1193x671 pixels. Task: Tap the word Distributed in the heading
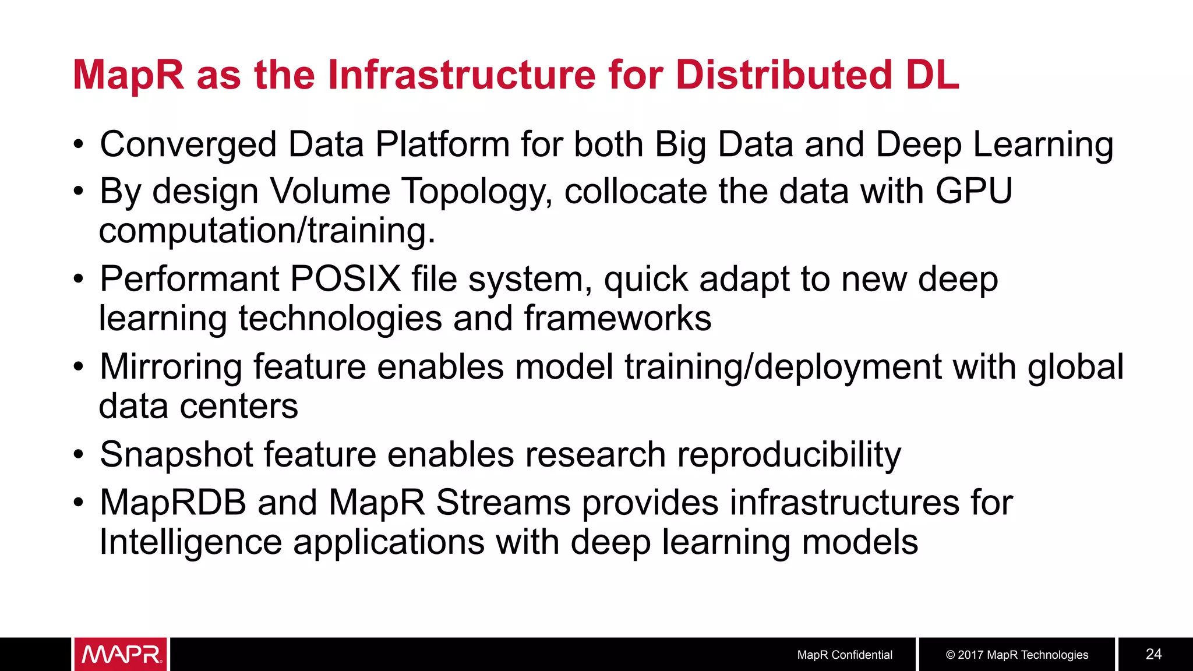point(783,75)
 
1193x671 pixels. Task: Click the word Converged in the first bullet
point(188,145)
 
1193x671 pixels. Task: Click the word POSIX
point(345,279)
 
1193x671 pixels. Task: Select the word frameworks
point(617,319)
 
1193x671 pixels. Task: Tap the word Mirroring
point(171,368)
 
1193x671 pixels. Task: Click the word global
point(1075,368)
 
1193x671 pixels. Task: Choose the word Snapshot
point(177,455)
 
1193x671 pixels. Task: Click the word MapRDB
point(173,503)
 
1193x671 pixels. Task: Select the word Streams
point(503,503)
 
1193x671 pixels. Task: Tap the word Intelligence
point(190,542)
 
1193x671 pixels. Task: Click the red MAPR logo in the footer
point(121,654)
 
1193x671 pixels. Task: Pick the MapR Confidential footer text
point(845,655)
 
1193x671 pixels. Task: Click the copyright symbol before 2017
point(950,655)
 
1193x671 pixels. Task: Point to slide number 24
point(1153,654)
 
